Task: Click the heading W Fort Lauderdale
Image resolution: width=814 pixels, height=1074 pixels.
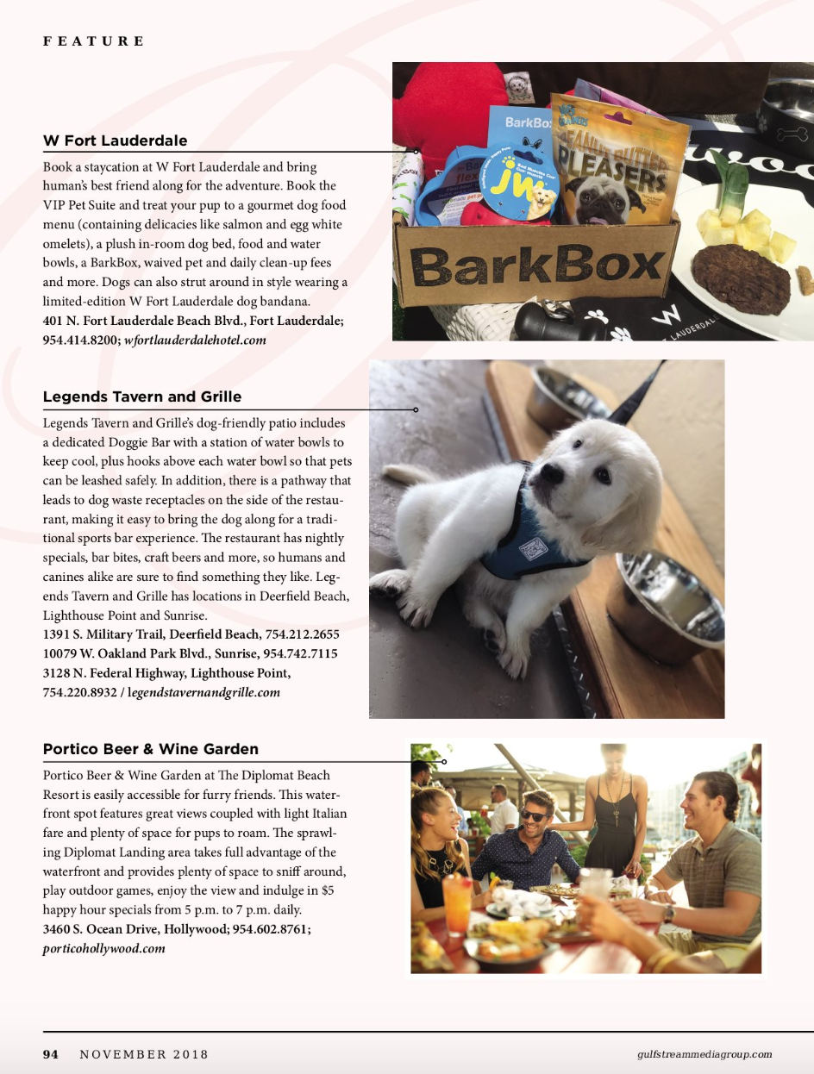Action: point(115,140)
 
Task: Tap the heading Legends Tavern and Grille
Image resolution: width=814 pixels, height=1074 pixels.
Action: point(141,397)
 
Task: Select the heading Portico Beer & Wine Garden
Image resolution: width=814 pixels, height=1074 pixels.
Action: point(150,749)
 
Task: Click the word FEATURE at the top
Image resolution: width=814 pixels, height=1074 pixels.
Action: point(94,41)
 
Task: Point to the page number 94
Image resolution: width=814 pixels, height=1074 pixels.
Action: point(51,1054)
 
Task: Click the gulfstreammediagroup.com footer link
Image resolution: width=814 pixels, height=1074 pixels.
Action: point(704,1054)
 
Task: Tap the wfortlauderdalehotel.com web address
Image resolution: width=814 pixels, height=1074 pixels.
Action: point(195,340)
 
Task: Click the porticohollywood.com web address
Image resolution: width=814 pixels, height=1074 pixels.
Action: point(103,948)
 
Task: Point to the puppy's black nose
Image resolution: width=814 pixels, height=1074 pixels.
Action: point(553,473)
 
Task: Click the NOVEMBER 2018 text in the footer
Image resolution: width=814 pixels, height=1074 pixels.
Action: point(144,1054)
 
